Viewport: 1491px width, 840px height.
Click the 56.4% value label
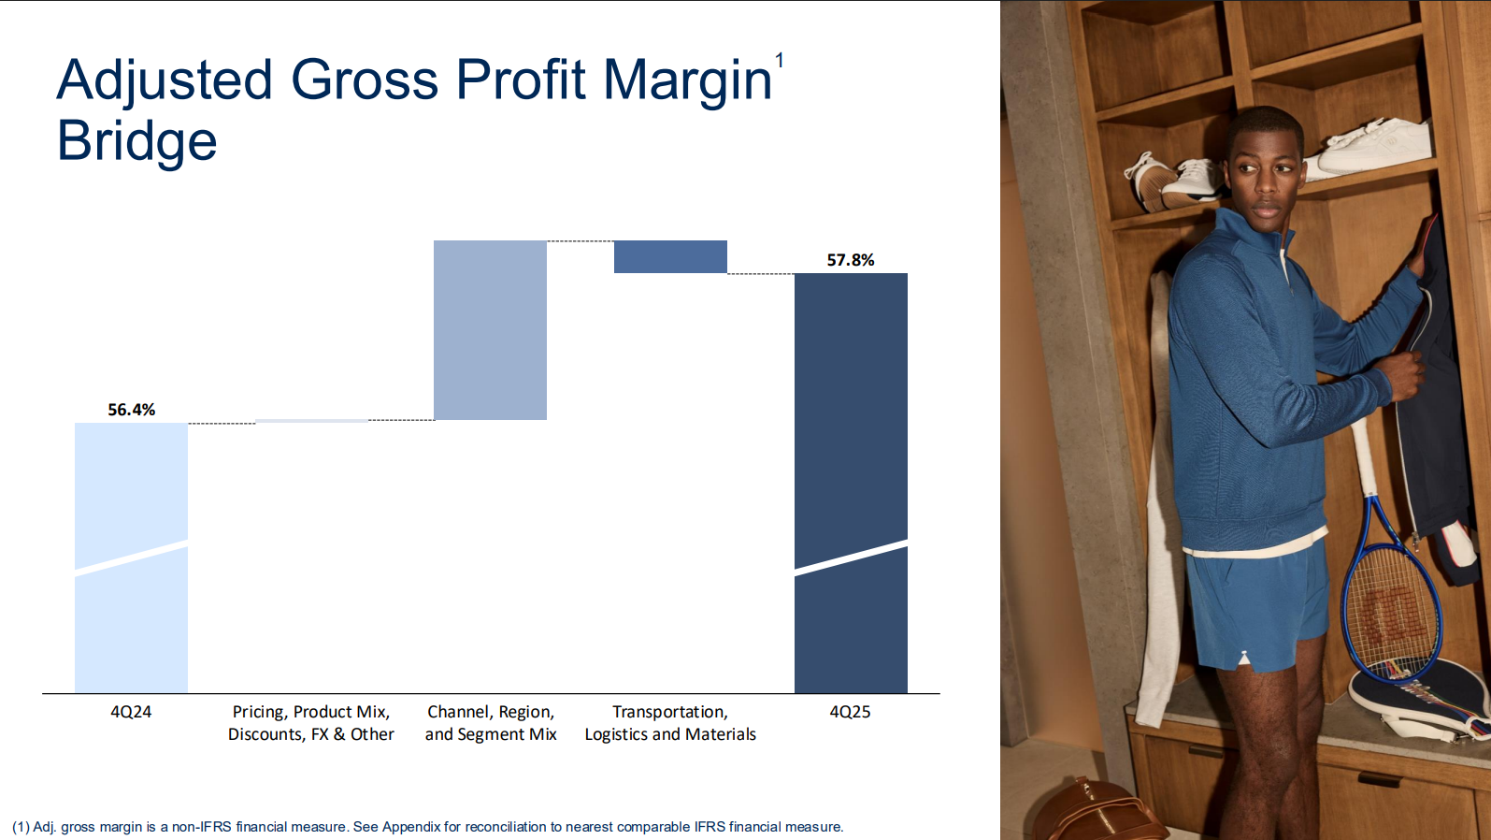click(131, 410)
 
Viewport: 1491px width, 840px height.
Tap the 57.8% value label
click(851, 260)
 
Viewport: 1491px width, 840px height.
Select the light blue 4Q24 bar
click(131, 558)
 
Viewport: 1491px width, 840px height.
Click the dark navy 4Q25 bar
click(851, 484)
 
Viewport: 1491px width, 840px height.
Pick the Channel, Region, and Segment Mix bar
click(490, 330)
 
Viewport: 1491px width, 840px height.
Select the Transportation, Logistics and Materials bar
click(670, 256)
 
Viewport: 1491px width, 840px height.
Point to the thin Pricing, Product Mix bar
click(311, 421)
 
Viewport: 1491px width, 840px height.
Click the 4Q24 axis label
click(131, 712)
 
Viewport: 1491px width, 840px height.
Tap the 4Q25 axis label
click(850, 712)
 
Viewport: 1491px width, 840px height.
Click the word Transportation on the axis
click(669, 713)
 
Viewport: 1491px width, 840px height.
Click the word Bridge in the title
click(137, 141)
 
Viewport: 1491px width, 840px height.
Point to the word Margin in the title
click(688, 81)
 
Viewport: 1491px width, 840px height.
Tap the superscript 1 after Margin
click(780, 61)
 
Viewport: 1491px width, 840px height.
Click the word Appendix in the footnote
click(411, 827)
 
